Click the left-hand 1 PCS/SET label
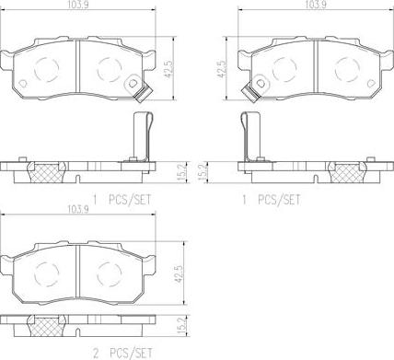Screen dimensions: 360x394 pyautogui.click(x=122, y=198)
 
